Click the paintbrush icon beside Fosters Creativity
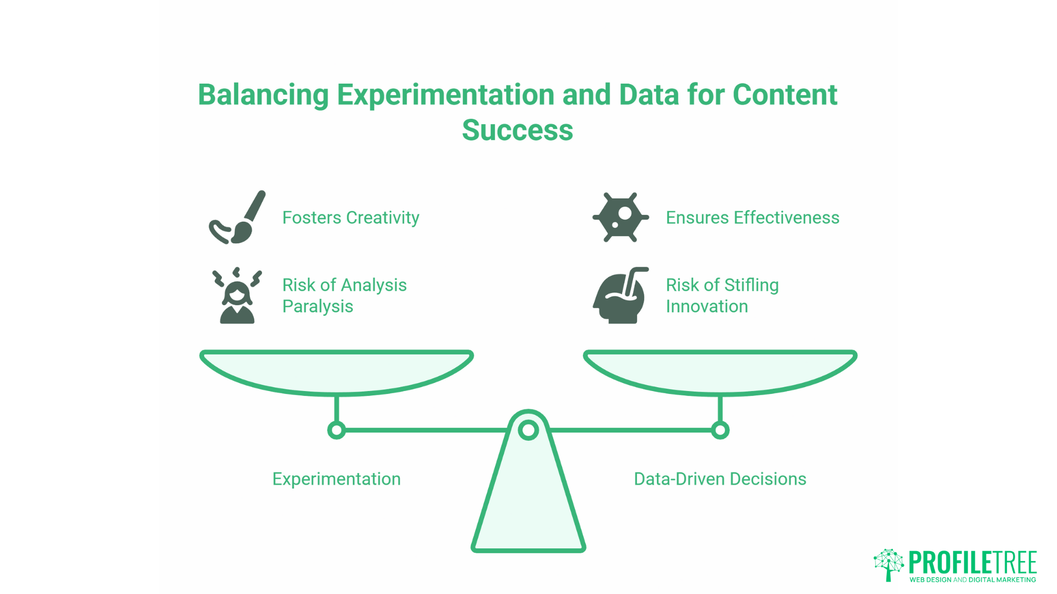[x=237, y=218]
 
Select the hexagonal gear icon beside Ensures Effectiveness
[x=620, y=217]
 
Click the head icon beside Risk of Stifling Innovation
[x=620, y=296]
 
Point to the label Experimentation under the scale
[x=336, y=479]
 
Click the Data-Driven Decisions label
[x=720, y=479]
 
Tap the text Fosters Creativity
[x=351, y=218]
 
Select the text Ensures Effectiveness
[x=752, y=218]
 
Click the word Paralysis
[x=318, y=306]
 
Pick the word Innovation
[x=706, y=306]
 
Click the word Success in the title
[x=517, y=130]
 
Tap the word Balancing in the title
[x=263, y=95]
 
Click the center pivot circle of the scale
[x=528, y=430]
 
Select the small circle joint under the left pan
[x=336, y=430]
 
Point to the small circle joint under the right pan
[x=720, y=430]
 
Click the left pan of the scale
[x=336, y=371]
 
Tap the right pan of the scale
[x=720, y=371]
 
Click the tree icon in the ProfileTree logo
[x=889, y=564]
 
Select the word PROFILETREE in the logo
[x=972, y=563]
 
